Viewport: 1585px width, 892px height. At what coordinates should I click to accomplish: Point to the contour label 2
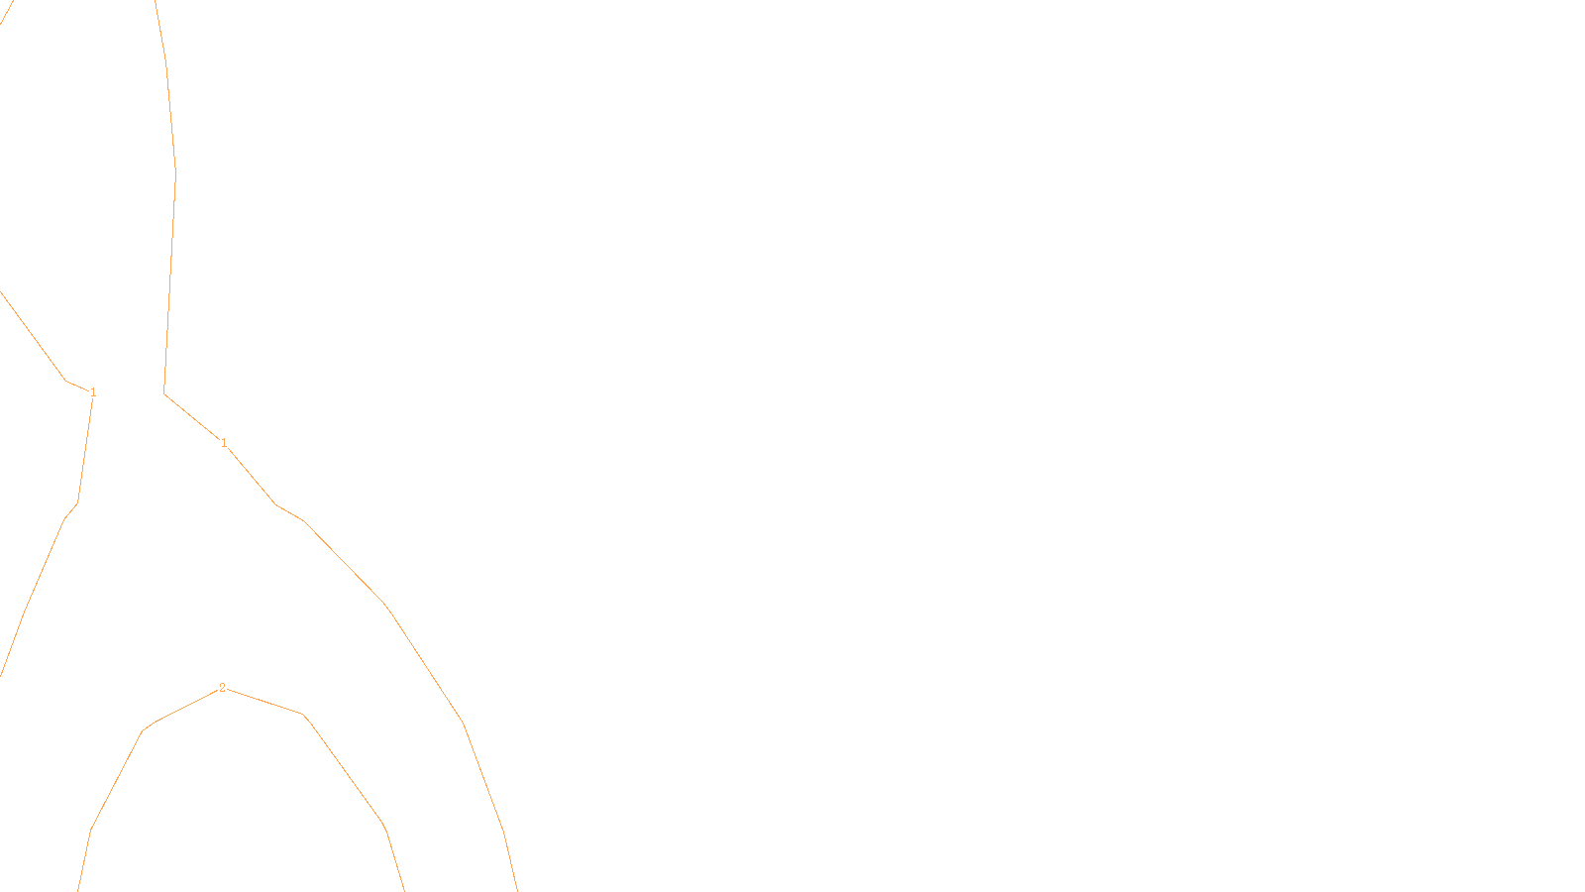222,687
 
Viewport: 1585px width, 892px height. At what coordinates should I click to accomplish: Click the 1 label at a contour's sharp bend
93,392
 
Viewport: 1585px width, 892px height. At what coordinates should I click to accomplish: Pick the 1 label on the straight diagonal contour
224,442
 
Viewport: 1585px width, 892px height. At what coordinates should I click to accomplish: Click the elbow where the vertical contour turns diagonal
164,393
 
